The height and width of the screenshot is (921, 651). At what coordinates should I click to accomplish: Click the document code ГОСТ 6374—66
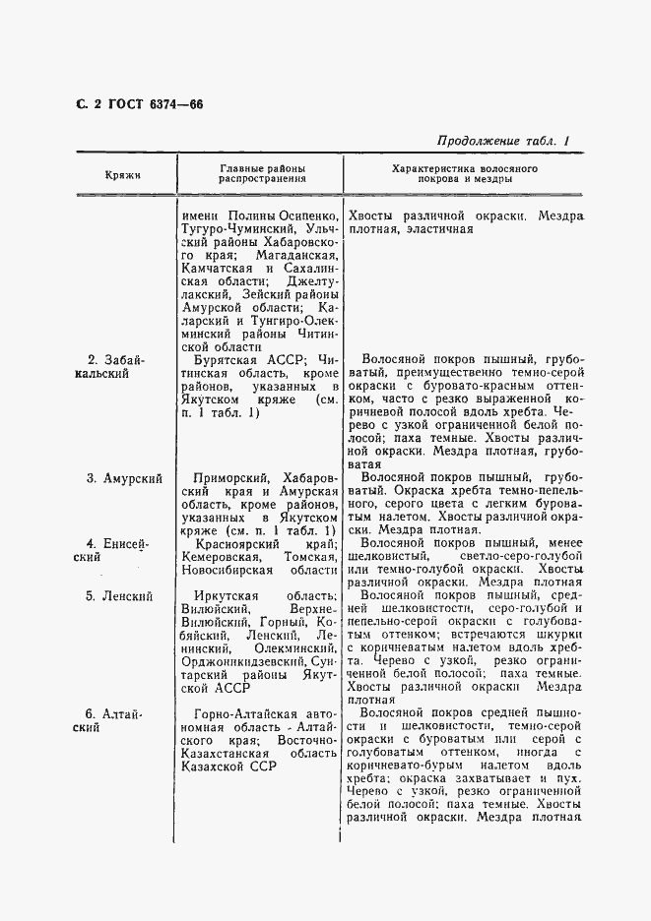pyautogui.click(x=149, y=105)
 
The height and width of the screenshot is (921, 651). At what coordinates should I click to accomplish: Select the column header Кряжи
pyautogui.click(x=123, y=174)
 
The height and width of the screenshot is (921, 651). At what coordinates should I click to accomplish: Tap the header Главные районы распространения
pyautogui.click(x=261, y=174)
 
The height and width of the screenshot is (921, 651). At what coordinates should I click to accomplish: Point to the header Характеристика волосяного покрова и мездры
pyautogui.click(x=463, y=174)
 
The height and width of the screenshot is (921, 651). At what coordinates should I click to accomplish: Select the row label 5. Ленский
pyautogui.click(x=119, y=595)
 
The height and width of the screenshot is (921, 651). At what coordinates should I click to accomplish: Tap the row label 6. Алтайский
pyautogui.click(x=116, y=721)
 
